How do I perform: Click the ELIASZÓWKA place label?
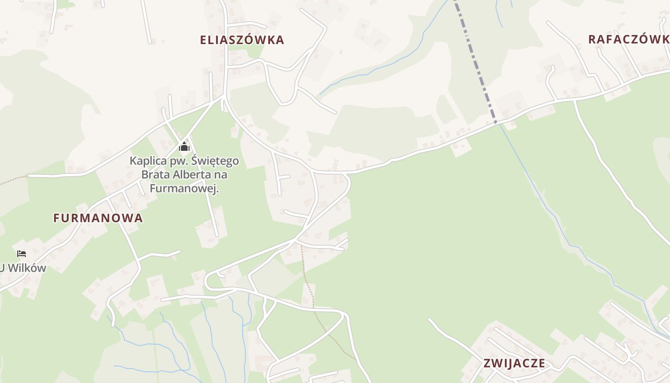[242, 40]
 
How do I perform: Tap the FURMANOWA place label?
[98, 218]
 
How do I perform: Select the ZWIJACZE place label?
[514, 363]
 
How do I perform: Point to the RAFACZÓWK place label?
[628, 39]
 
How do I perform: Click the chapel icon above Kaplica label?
[184, 146]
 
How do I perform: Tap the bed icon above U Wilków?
[21, 253]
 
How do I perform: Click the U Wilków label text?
[23, 268]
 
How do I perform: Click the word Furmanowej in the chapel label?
[184, 189]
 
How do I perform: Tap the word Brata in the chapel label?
[153, 175]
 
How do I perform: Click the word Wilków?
[27, 268]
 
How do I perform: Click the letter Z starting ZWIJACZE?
[487, 363]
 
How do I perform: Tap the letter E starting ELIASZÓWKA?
[203, 40]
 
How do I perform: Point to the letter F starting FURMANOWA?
[56, 218]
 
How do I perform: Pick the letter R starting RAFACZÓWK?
[592, 39]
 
